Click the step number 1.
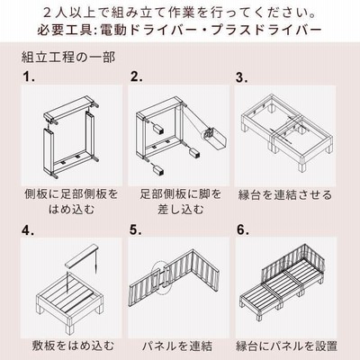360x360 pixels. click(x=29, y=77)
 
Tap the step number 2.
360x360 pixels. click(x=136, y=77)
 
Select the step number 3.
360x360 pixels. click(x=242, y=77)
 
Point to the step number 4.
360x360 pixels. click(x=28, y=230)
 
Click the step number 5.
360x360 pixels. click(x=136, y=230)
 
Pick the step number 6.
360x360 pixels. click(x=243, y=230)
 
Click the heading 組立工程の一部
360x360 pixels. click(x=68, y=57)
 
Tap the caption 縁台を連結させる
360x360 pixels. click(x=285, y=195)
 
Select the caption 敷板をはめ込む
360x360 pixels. click(x=73, y=346)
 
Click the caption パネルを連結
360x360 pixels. click(x=177, y=346)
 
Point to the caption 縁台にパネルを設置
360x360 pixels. click(x=286, y=346)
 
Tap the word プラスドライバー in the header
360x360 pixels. click(x=266, y=30)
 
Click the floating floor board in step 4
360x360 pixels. click(x=82, y=256)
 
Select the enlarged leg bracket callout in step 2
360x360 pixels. click(x=215, y=138)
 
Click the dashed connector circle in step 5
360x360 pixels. click(x=161, y=276)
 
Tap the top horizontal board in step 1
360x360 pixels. click(x=69, y=109)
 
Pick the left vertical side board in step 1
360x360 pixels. click(x=49, y=151)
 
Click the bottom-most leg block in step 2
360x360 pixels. click(x=157, y=171)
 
